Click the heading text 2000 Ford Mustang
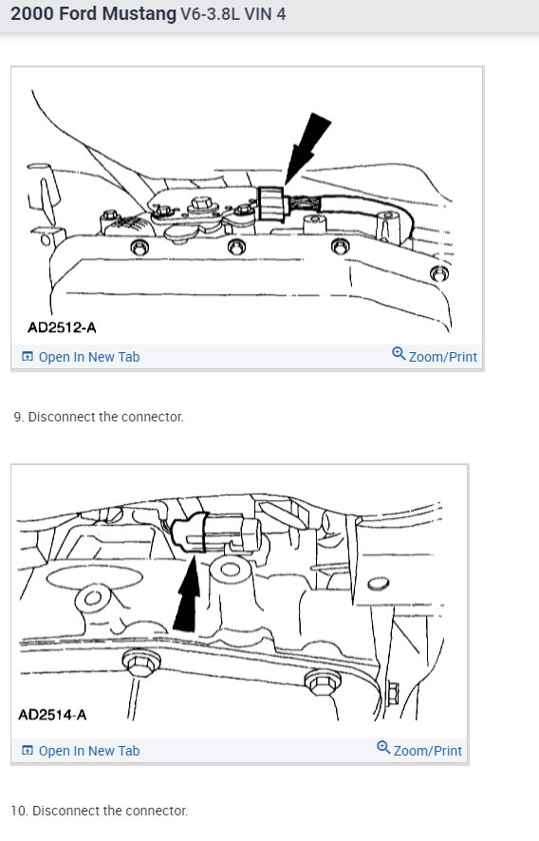coord(93,14)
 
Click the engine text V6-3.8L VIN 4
coord(232,15)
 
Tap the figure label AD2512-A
coord(62,327)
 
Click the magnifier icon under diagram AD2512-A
coord(399,355)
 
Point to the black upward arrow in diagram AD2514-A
coord(188,598)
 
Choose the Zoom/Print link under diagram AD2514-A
coord(427,750)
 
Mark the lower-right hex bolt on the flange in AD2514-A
coord(319,682)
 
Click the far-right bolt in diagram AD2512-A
coord(437,274)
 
